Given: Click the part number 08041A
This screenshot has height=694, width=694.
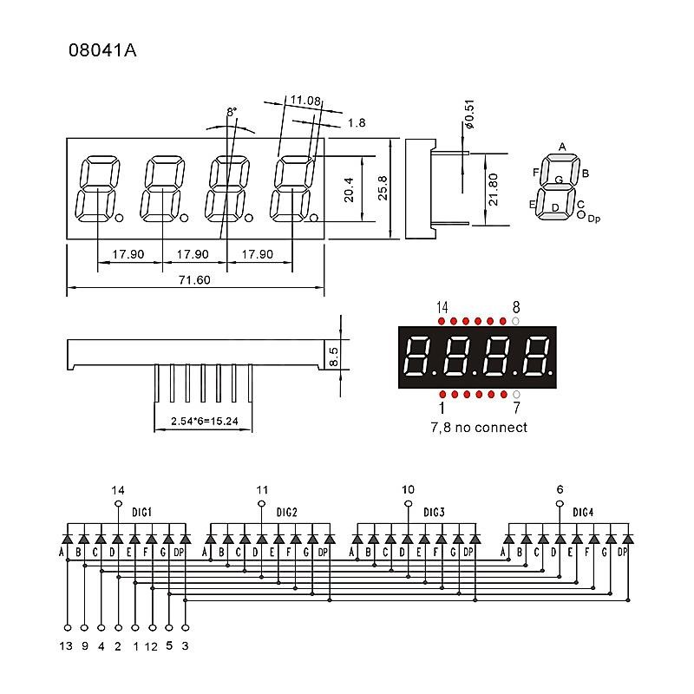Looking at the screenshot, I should [102, 50].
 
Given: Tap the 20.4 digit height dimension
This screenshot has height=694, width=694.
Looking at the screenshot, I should [349, 189].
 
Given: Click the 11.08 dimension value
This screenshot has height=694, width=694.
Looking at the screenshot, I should [305, 101].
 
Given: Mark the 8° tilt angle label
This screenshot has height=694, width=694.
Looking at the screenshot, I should [231, 113].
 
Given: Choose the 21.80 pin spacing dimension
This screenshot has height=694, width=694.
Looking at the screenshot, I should [493, 189].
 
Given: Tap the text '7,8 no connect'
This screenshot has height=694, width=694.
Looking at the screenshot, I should [478, 427].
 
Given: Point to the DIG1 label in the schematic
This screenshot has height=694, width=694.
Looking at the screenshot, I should [141, 513].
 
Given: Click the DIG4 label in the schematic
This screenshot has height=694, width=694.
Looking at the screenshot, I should [583, 513].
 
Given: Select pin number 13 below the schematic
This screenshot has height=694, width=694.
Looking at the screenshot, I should [67, 645].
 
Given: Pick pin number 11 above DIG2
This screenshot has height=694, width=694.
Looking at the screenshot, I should [262, 489].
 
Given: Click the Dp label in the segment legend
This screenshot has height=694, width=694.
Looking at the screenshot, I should [593, 219].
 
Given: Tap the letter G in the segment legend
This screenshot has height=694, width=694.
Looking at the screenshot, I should [559, 180].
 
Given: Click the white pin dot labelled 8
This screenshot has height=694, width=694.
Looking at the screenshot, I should [516, 321].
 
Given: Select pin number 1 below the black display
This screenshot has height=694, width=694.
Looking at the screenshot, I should [442, 408].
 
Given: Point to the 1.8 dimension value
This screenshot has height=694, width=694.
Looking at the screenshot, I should [356, 123].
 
